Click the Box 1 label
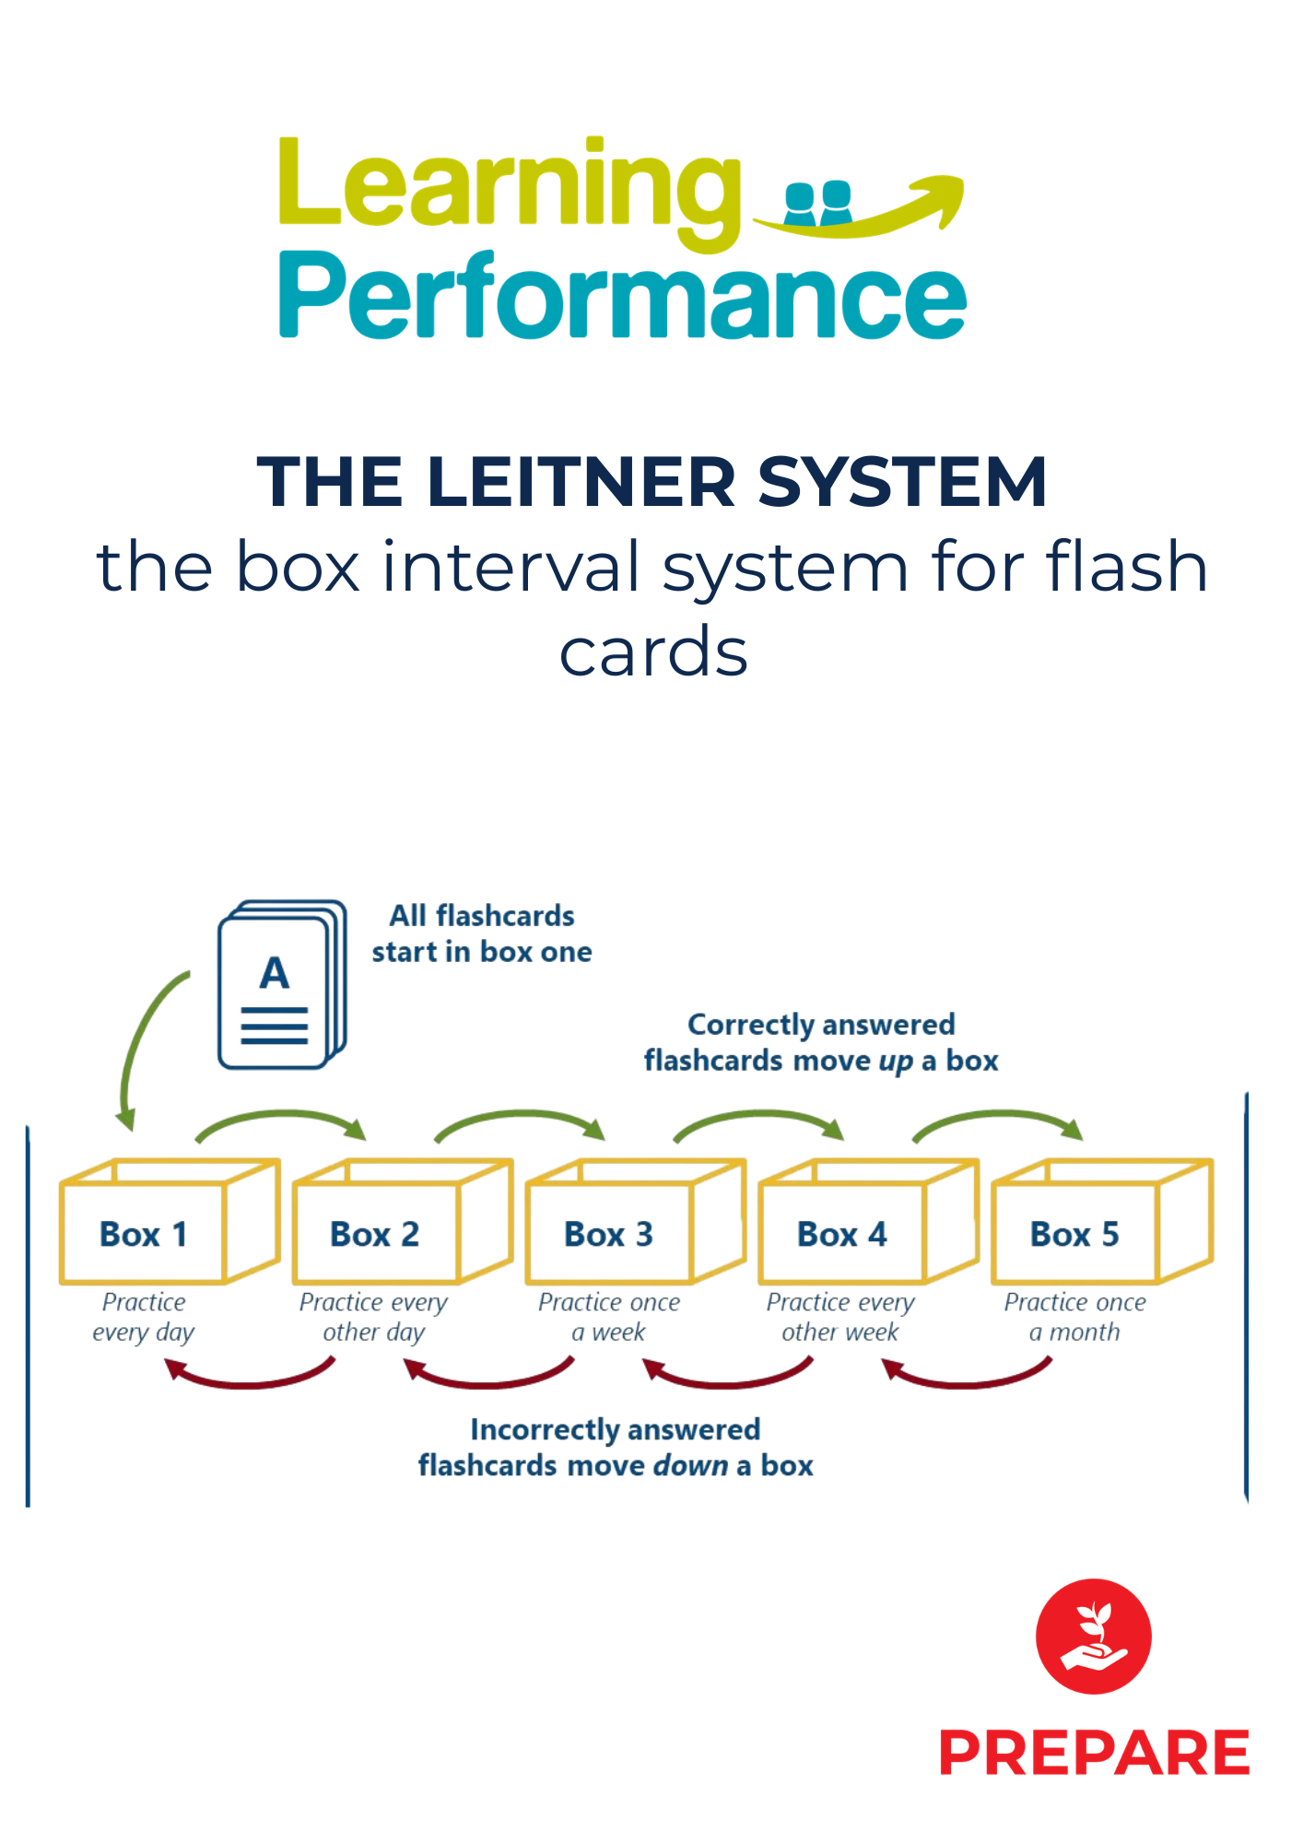[143, 1234]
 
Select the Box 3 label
[608, 1234]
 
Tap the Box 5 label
[1074, 1234]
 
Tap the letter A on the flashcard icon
[274, 973]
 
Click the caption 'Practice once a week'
[608, 1317]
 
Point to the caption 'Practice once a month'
[1074, 1317]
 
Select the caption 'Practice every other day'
[373, 1317]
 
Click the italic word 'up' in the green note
[895, 1062]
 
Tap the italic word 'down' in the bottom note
[690, 1466]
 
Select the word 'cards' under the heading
[652, 651]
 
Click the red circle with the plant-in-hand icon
[1093, 1636]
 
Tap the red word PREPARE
[1094, 1753]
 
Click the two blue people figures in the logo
[817, 203]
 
